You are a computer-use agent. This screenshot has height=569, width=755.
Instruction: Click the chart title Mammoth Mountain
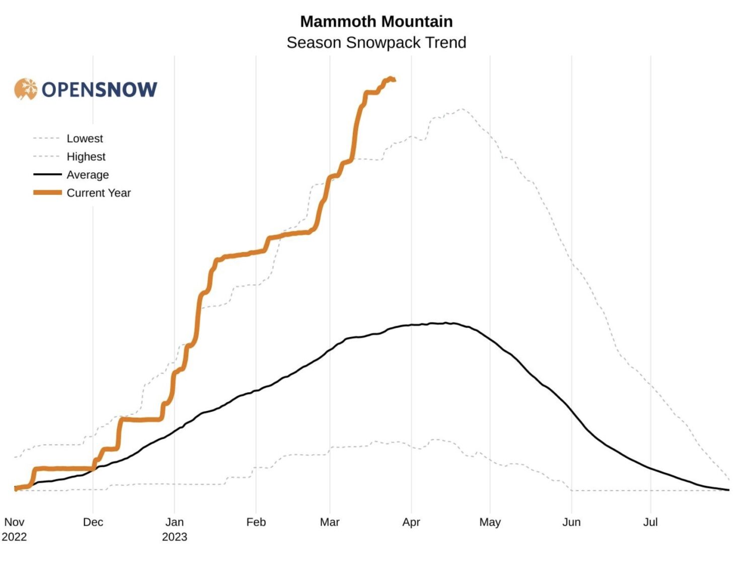tap(376, 22)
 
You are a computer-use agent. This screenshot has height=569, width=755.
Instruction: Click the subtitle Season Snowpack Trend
tap(376, 43)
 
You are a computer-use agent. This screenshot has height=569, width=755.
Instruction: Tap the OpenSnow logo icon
tap(26, 89)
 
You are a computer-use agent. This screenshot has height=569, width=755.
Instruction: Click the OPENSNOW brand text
tap(99, 90)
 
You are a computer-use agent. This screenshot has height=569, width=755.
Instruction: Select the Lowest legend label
tap(85, 138)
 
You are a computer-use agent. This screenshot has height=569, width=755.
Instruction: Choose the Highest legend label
tap(86, 157)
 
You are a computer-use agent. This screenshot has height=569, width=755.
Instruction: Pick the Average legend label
tap(88, 175)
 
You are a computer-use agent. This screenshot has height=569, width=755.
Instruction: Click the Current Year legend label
tap(98, 193)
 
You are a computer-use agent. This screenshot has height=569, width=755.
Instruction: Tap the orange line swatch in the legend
tap(47, 192)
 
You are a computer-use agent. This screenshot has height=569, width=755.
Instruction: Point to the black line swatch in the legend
tap(47, 175)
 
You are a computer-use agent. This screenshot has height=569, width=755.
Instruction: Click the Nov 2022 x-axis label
tap(14, 529)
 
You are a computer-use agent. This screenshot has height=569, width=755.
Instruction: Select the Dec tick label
tap(93, 522)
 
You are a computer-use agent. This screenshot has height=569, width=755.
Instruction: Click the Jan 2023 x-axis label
tap(175, 529)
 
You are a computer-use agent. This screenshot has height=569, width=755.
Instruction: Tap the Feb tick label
tap(256, 522)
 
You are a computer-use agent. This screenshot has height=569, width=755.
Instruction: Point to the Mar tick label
tap(330, 522)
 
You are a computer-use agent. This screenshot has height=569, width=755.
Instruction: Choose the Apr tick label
tap(411, 522)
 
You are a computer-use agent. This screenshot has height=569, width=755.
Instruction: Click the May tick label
tap(490, 522)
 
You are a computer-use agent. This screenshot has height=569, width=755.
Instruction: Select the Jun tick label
tap(571, 522)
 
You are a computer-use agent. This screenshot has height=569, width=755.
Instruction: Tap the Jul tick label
tap(650, 522)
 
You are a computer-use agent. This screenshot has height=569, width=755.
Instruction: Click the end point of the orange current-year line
tap(394, 80)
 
